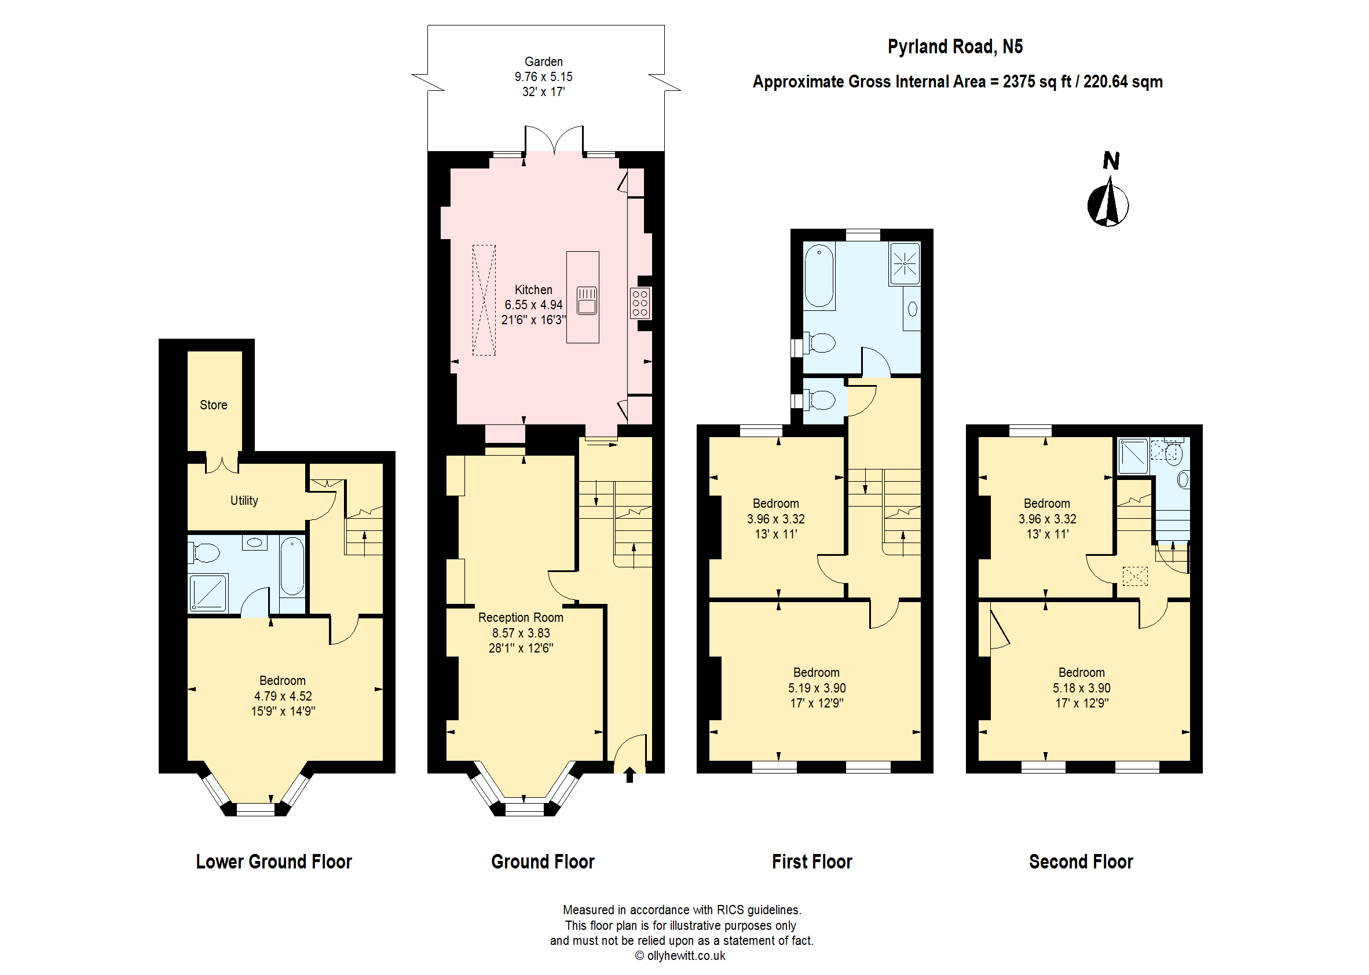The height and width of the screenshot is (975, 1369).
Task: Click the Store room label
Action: coord(213,405)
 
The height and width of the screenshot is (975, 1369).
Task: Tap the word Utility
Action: coord(244,501)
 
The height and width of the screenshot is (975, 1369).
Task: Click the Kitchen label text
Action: coord(533,290)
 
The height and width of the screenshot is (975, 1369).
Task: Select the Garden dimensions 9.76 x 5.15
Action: coord(543,77)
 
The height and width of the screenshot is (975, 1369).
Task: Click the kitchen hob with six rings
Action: coord(639,304)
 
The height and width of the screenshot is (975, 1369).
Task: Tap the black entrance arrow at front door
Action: coord(629,775)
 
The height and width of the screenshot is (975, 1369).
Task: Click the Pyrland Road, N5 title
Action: coord(955,47)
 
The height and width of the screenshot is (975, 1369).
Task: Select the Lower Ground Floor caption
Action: coord(274,862)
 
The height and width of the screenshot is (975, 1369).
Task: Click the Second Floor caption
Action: coord(1081,862)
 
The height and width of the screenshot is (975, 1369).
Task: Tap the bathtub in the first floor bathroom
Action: coord(819,276)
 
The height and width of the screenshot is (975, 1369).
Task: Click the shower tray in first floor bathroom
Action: coord(904,263)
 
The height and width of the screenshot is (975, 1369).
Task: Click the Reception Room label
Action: coord(521,618)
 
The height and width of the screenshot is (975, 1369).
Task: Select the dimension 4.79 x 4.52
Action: coord(283,697)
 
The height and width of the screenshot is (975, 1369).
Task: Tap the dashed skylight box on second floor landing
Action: coord(1135,576)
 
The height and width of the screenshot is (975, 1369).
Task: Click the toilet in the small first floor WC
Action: coord(821,401)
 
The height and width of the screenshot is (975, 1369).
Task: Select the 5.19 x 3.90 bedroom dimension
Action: coord(817,688)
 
